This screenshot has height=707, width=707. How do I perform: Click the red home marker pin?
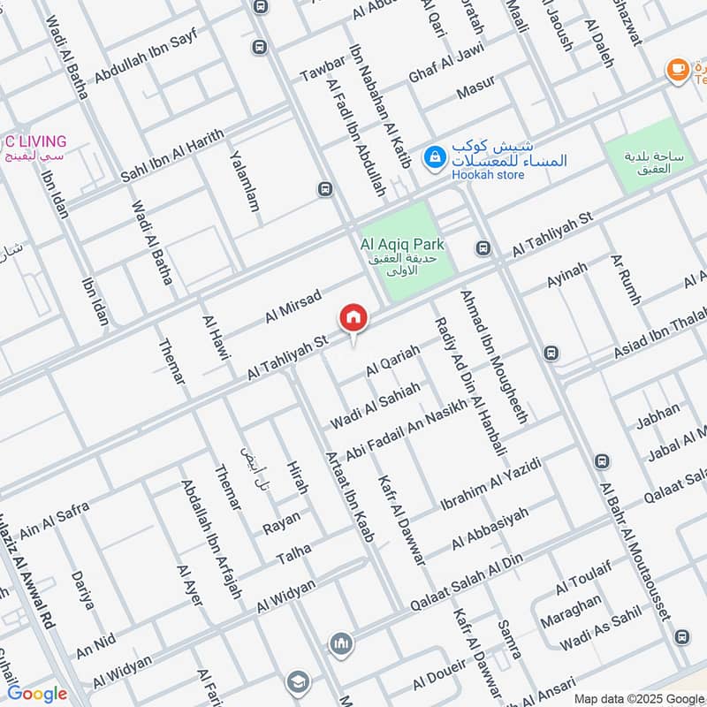[353, 318]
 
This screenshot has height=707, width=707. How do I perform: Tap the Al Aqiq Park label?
[402, 244]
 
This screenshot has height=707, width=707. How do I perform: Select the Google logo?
[37, 694]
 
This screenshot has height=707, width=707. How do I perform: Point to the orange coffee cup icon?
[678, 69]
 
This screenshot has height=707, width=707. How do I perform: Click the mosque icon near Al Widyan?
[341, 644]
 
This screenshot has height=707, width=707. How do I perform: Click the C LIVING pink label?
[35, 141]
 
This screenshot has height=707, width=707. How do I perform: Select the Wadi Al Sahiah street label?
[375, 403]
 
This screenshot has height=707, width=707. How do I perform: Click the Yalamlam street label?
[245, 180]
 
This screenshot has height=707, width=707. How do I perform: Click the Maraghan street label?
[571, 611]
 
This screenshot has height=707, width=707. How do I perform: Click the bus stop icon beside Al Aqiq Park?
[483, 248]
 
